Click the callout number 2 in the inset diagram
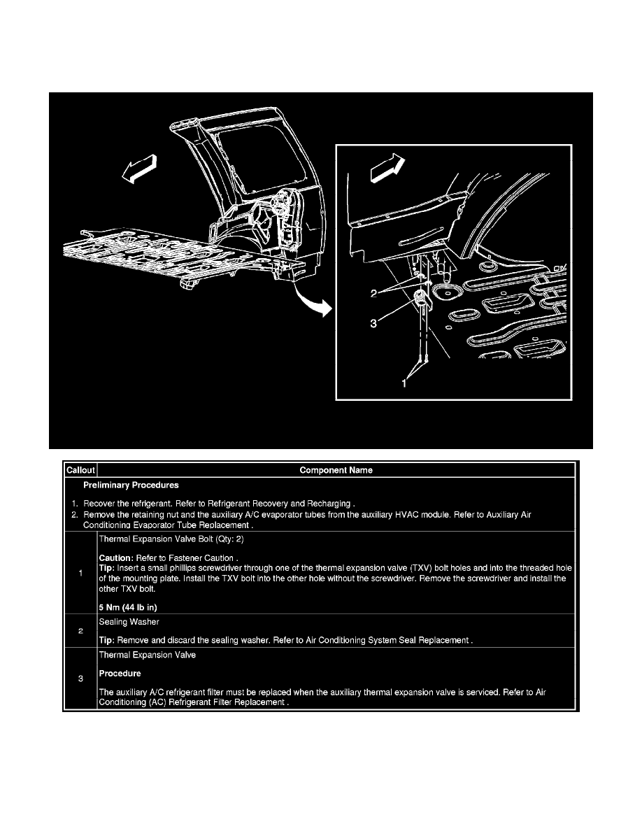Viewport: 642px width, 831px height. tap(374, 293)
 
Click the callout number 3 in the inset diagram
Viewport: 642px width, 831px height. tap(373, 322)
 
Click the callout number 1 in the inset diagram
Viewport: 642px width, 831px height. tap(404, 383)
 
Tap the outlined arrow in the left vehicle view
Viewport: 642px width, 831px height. tap(139, 169)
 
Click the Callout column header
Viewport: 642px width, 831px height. tap(80, 470)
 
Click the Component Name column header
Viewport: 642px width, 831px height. tap(336, 470)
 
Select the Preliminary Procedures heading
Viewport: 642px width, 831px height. tap(131, 485)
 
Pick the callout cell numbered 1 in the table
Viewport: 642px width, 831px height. tap(80, 573)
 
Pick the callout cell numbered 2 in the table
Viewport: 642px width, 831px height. tap(80, 631)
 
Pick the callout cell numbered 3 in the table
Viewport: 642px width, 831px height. tap(80, 679)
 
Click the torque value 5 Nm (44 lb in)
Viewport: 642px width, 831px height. tap(128, 607)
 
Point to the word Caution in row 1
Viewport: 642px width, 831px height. tap(115, 558)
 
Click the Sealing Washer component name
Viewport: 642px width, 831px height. tap(129, 622)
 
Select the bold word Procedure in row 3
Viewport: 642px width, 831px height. tap(120, 674)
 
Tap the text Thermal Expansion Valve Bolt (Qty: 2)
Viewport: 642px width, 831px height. tap(171, 539)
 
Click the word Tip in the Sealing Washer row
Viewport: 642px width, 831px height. tap(106, 640)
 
